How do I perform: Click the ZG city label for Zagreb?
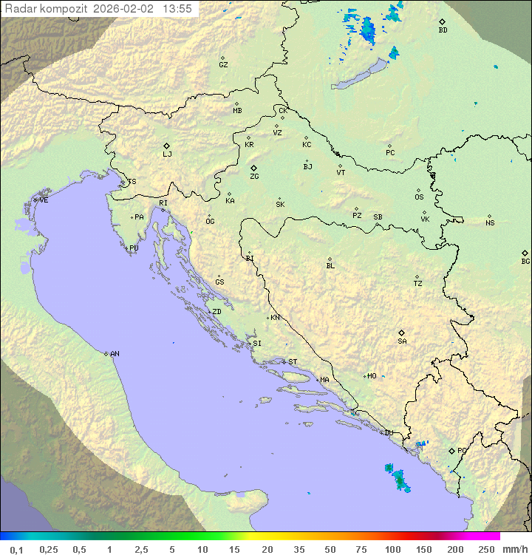tap(254, 177)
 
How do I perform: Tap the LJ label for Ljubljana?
tap(167, 154)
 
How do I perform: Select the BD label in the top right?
tap(443, 30)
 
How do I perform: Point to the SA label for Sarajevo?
tap(402, 341)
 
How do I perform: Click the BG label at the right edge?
tap(525, 262)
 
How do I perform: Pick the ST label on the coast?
tap(293, 362)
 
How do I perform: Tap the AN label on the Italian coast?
tap(115, 354)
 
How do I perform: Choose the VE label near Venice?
tap(44, 200)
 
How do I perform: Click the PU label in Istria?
tap(134, 248)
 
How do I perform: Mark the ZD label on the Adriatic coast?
tap(216, 312)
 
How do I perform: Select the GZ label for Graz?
tap(223, 65)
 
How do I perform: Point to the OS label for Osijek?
tap(419, 197)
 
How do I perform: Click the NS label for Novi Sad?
tap(490, 223)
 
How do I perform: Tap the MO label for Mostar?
tap(372, 376)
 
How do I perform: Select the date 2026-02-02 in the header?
tap(127, 9)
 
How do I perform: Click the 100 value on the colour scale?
tap(392, 549)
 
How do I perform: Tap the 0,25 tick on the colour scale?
tap(49, 549)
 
